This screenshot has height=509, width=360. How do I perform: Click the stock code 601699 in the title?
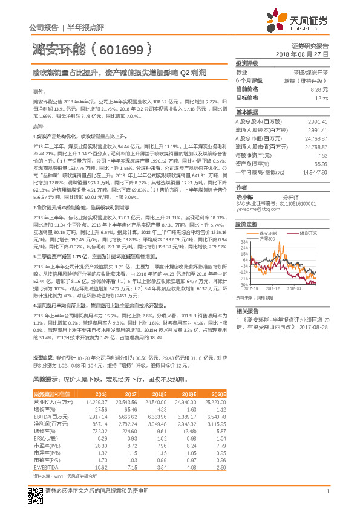pyautogui.click(x=121, y=48)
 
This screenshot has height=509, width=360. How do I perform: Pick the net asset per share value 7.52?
pyautogui.click(x=323, y=155)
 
